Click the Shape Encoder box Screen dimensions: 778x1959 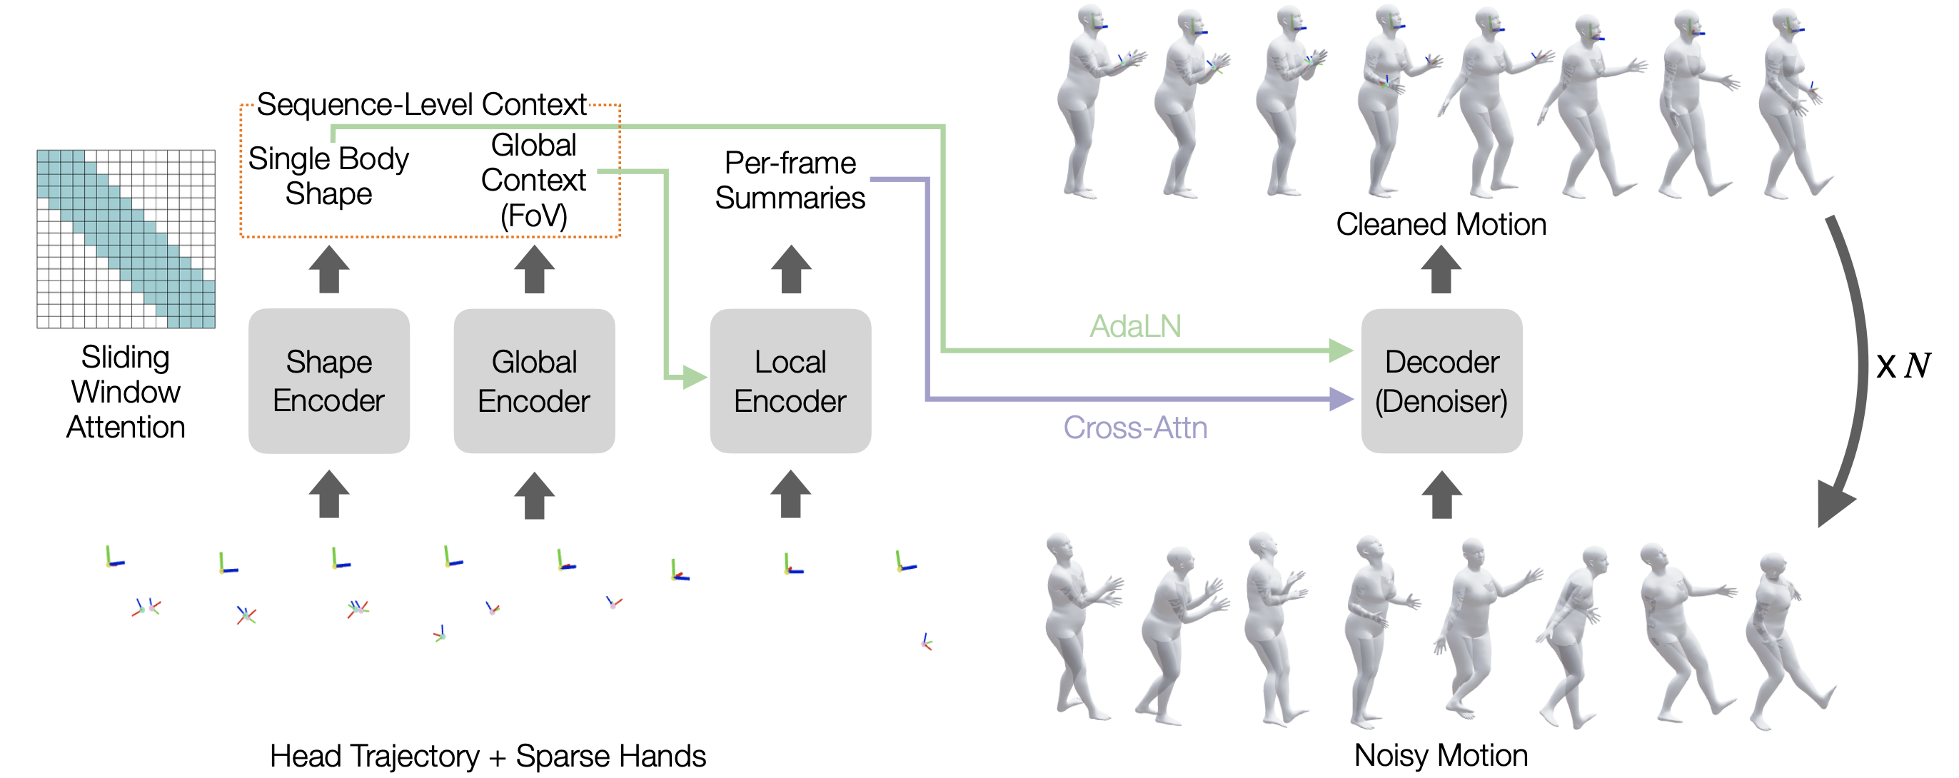pos(328,380)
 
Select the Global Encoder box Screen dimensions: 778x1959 pos(534,380)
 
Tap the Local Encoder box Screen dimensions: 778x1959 pos(790,380)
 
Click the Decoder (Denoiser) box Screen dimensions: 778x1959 pos(1441,380)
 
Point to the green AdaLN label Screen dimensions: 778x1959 pos(1134,326)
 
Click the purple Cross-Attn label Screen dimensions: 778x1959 pos(1134,428)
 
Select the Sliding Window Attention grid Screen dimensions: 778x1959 pos(126,239)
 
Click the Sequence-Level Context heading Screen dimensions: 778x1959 pos(421,104)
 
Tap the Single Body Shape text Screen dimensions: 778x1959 pos(328,176)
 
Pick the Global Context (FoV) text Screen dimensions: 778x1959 pos(534,181)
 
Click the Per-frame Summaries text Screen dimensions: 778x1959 pos(790,181)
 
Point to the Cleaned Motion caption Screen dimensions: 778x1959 pos(1441,224)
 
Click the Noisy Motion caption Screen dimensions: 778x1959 pos(1441,755)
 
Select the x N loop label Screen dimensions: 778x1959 pos(1903,366)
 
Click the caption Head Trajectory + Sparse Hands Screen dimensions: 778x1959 pos(488,756)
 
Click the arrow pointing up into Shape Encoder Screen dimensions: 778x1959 pos(328,495)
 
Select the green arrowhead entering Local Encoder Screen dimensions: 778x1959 pos(693,376)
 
